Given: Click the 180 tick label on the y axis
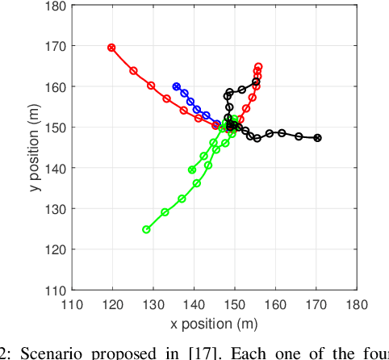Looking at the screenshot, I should tap(55, 6).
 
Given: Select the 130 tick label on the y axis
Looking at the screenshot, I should tap(55, 208).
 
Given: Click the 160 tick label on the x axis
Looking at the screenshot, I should tap(275, 304).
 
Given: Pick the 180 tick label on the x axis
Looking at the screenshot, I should tap(357, 304).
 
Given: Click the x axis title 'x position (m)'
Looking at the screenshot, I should tap(214, 324).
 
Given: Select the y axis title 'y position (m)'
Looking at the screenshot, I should tap(27, 148).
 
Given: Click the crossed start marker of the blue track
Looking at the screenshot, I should tap(177, 86).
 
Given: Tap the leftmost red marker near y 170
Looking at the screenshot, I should tap(112, 48).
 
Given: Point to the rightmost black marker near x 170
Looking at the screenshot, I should tap(317, 138).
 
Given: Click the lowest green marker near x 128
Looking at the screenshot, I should tap(146, 229).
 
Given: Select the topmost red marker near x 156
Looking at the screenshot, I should tap(258, 67).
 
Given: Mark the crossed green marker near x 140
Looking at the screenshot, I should tap(192, 170).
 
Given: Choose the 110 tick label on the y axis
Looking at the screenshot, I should tap(55, 289).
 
